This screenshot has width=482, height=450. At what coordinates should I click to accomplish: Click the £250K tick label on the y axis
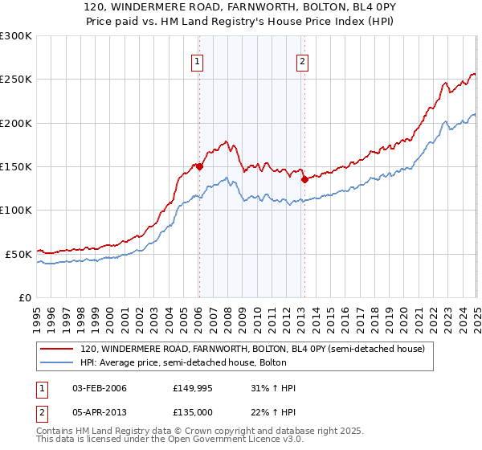pos(16,80)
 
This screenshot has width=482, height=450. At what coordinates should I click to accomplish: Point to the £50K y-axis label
pos(18,254)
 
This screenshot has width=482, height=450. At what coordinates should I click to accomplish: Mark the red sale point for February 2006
pos(199,167)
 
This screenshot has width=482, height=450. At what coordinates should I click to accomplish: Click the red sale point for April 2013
pos(304,180)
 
